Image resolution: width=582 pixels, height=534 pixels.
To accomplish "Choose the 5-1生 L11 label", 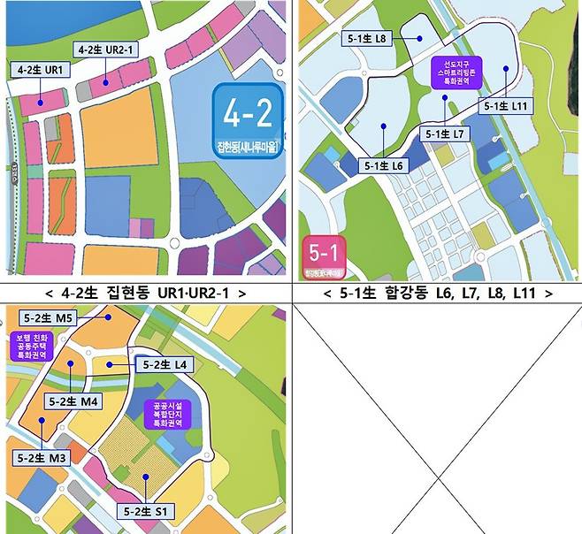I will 506,105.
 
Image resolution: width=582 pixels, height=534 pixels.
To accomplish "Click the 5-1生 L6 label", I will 384,165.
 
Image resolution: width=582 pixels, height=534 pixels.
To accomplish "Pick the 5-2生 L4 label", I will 160,364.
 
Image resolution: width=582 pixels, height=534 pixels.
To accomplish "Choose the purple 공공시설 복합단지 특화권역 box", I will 165,413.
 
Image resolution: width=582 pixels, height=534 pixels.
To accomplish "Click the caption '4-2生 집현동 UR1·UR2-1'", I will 145,292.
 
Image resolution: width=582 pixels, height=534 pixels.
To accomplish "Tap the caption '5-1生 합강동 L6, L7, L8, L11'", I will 437,292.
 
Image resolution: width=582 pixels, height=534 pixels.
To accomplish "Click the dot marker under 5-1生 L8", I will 418,39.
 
